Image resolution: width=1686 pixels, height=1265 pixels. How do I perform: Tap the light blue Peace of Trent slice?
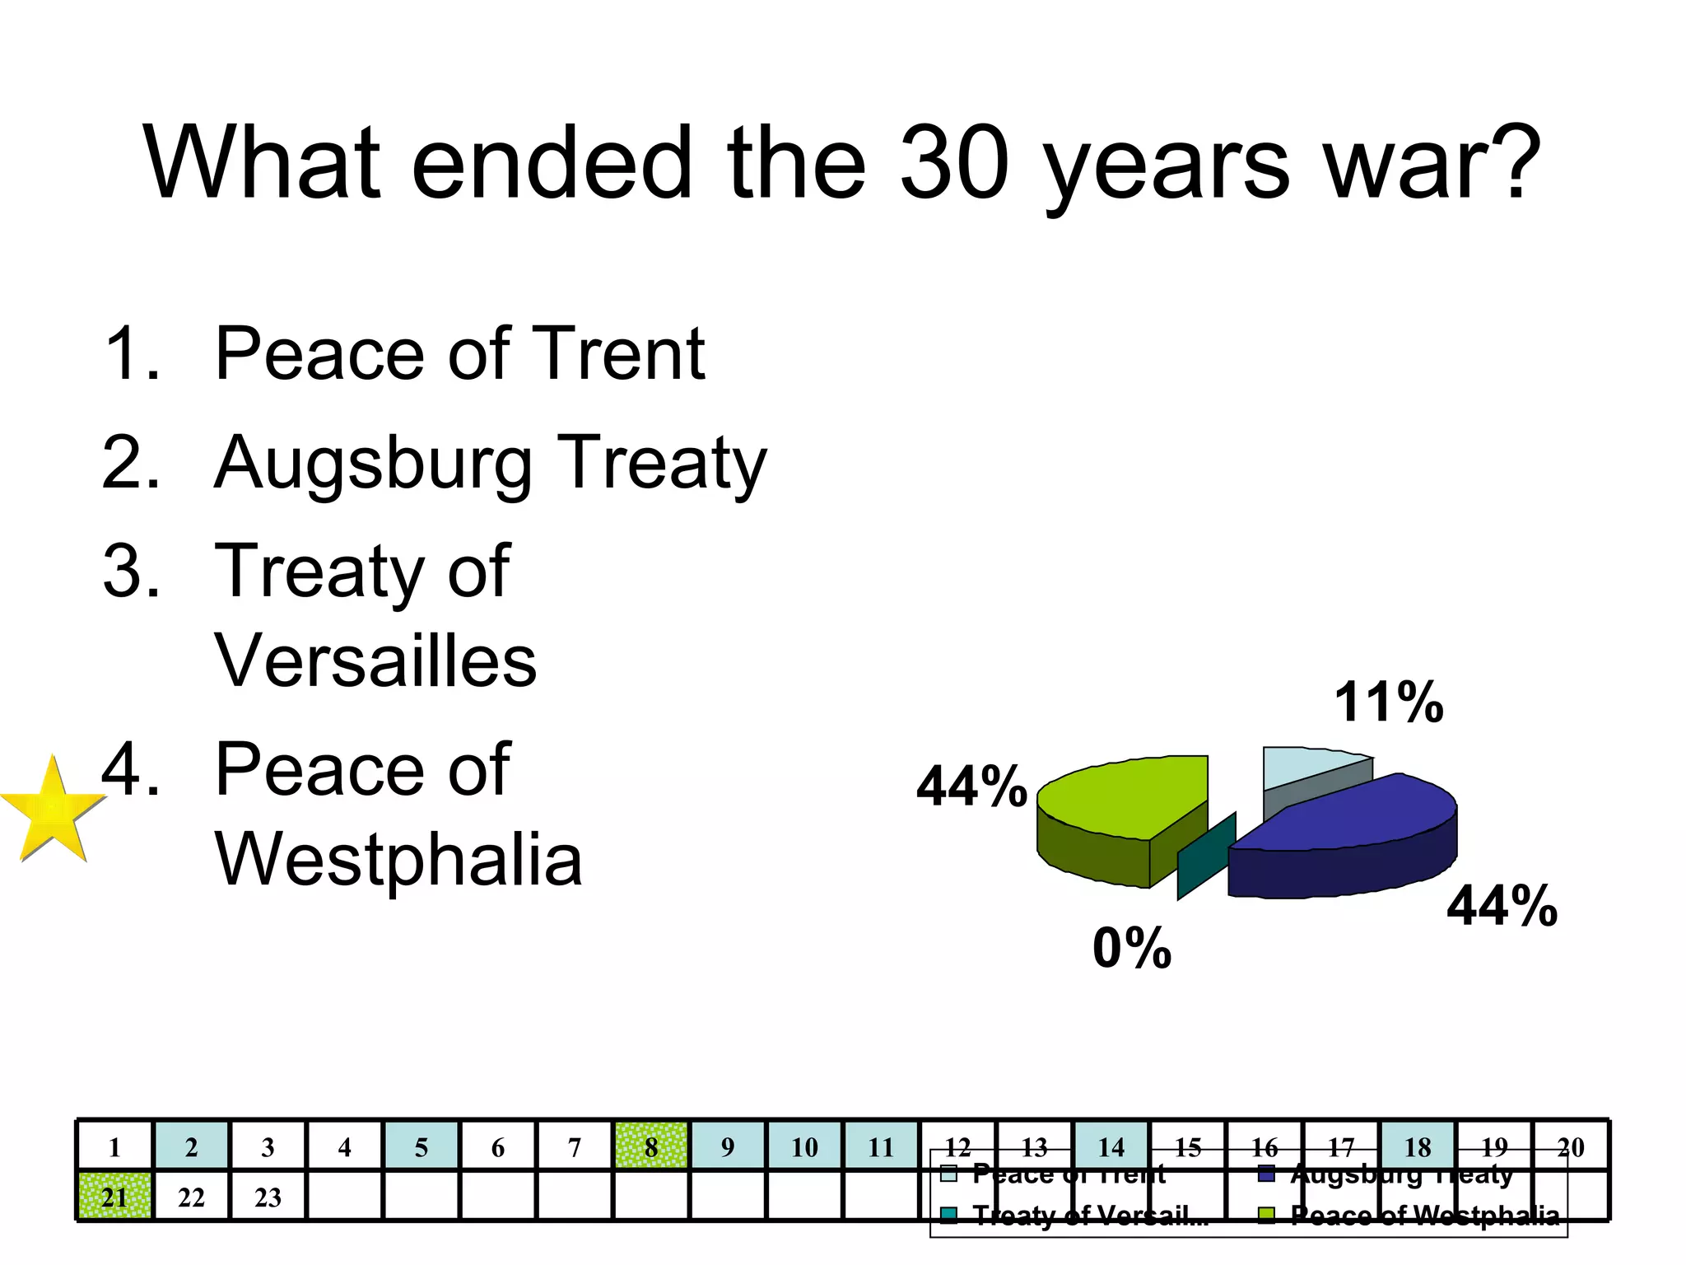coord(1301,766)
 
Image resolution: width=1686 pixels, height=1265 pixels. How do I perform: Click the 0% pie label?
coord(1132,948)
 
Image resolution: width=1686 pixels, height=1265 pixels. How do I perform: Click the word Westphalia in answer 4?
coord(398,859)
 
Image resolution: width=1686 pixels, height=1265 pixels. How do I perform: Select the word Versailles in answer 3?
coord(375,661)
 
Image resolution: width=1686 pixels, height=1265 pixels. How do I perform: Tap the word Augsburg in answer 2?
coord(373,464)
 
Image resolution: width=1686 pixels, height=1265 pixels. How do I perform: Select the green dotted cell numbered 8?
coord(651,1146)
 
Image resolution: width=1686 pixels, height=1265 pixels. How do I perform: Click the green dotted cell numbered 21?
coord(114,1197)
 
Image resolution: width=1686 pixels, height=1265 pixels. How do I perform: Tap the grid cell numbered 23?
coord(268,1197)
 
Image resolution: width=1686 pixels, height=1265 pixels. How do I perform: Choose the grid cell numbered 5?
coord(421,1146)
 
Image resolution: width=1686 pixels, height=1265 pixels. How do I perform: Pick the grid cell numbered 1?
coord(114,1146)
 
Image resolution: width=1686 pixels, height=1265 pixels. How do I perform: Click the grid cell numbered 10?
coord(804,1146)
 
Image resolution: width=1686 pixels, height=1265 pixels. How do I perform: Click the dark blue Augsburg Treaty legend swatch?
coord(1266,1174)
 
